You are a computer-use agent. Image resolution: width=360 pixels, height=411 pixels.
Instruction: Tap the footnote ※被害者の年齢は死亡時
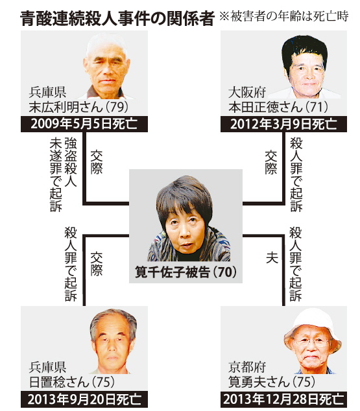(x=283, y=16)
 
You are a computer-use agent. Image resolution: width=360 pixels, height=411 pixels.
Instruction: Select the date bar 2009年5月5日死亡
(x=84, y=124)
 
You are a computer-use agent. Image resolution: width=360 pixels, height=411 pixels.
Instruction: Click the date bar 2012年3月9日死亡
(x=283, y=124)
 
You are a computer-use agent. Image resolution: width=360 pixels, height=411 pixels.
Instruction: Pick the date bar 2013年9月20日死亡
(x=84, y=399)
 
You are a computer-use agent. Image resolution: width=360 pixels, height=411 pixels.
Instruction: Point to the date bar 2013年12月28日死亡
(x=283, y=399)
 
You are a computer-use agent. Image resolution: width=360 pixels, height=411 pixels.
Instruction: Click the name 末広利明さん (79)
(x=78, y=107)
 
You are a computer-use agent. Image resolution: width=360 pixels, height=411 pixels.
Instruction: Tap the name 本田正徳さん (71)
(x=278, y=107)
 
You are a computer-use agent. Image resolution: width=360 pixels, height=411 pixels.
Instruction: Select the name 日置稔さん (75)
(x=72, y=382)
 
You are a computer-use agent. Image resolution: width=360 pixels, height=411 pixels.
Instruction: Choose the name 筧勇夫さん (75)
(x=271, y=382)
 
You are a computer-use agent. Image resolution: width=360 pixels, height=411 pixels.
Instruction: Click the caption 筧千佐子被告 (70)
(x=186, y=272)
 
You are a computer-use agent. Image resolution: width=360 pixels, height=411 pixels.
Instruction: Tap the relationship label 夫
(x=272, y=257)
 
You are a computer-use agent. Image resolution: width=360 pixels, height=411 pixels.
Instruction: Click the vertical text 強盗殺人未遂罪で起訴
(x=63, y=174)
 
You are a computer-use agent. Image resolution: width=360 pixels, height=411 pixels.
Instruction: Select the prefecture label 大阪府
(x=247, y=92)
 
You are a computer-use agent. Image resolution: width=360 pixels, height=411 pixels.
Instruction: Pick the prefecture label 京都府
(x=247, y=367)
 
